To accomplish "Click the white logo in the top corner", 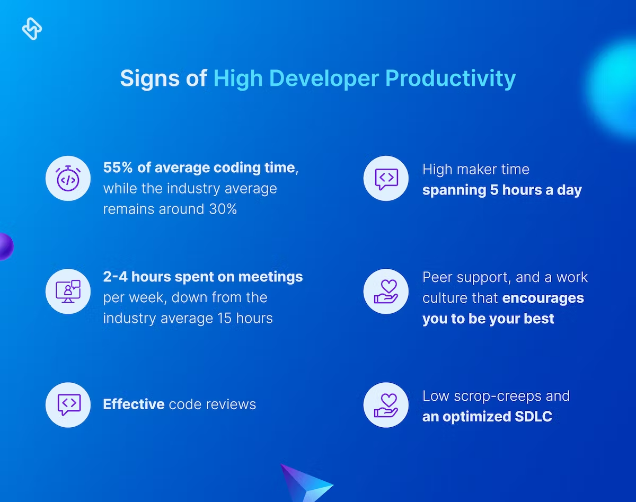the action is (32, 29).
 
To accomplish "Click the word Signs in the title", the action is (150, 78).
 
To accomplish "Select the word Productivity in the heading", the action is (450, 78).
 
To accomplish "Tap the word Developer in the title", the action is (324, 78).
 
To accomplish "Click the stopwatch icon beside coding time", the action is (68, 178).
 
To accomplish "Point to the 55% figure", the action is (118, 168).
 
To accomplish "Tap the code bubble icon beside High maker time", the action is (386, 179).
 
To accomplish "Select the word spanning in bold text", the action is (454, 191).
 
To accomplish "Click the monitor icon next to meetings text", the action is (68, 292).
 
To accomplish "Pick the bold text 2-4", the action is (115, 277).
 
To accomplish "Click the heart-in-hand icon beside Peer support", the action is (386, 292).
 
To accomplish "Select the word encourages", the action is (543, 298).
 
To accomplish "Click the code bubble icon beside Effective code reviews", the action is (69, 404).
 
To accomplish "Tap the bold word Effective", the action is (134, 404).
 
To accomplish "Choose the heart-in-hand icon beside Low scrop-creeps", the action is (386, 405).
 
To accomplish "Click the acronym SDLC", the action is (533, 417).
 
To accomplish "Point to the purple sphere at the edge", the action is (6, 246).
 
